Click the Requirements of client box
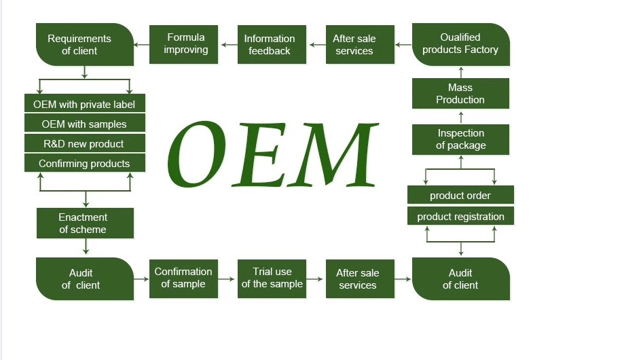point(84,44)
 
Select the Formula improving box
point(183,44)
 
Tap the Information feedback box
point(272,44)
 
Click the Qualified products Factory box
point(460,44)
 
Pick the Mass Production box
point(460,94)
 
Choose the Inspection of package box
point(460,139)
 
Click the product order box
point(460,195)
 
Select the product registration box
point(460,217)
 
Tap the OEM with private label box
point(84,104)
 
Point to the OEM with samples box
point(84,124)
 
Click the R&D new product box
point(84,143)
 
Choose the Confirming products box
point(84,163)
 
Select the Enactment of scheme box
point(84,223)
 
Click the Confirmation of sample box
point(183,278)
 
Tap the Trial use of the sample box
point(272,278)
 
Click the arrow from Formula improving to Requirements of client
point(141,45)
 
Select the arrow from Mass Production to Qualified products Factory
point(460,72)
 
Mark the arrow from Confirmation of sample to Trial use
point(227,278)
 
